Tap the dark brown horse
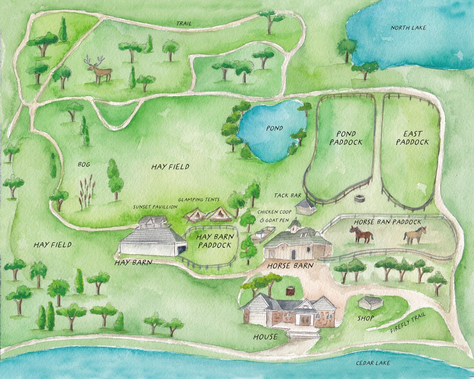click(361, 234)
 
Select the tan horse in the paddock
click(415, 235)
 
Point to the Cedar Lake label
click(373, 363)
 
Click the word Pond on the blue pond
click(274, 129)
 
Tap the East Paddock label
click(413, 138)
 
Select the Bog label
click(83, 164)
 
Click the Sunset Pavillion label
click(155, 207)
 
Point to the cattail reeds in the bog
click(86, 193)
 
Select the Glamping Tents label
click(199, 200)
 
